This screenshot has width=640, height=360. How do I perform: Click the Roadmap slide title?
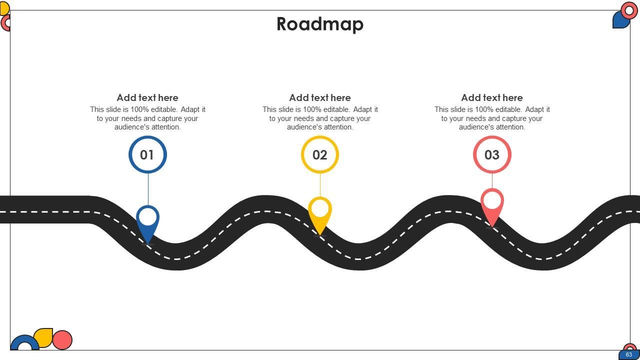click(x=320, y=24)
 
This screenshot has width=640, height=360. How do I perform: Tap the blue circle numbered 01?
click(x=147, y=155)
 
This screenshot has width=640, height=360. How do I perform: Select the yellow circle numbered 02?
click(x=320, y=155)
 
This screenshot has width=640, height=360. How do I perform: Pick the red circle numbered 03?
click(x=492, y=155)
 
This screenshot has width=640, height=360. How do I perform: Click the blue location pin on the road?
click(x=147, y=222)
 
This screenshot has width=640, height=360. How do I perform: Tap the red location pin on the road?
click(x=492, y=206)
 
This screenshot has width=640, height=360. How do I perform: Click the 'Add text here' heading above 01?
click(x=147, y=98)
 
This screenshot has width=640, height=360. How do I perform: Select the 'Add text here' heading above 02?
click(x=320, y=98)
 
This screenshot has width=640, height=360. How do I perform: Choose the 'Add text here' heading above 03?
click(x=492, y=98)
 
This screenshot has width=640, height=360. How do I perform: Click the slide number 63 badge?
click(x=628, y=354)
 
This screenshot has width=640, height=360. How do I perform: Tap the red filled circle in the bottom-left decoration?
click(x=62, y=340)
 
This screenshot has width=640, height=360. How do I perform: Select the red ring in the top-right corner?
click(x=629, y=10)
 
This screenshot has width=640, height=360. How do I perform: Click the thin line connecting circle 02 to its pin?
click(x=320, y=185)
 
